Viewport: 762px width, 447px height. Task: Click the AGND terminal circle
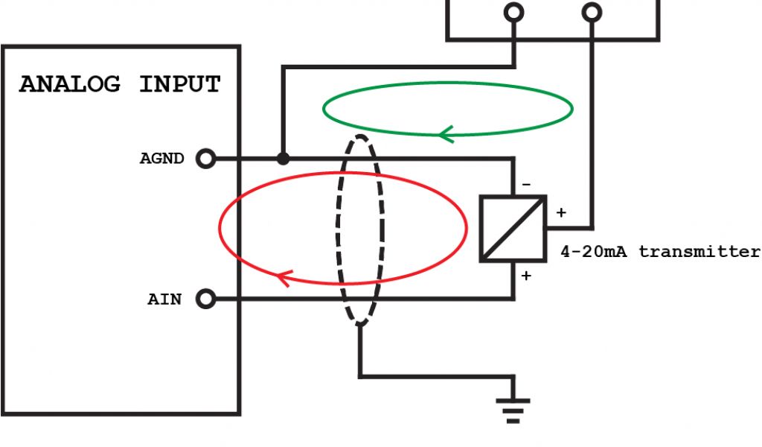point(205,159)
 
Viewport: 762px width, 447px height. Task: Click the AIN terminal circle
point(205,299)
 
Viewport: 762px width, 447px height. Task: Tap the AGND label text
point(161,159)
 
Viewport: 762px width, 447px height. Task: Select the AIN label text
point(164,300)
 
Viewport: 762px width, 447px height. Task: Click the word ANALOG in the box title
point(70,84)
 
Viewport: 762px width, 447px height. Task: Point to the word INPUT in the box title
point(180,84)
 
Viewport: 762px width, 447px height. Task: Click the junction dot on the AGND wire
point(283,159)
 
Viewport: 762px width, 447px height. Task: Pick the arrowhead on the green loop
point(445,135)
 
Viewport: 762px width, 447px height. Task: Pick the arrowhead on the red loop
point(283,279)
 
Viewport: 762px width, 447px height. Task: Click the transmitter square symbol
point(513,229)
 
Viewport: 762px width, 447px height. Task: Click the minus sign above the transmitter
point(526,184)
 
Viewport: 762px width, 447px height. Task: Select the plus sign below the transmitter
point(526,276)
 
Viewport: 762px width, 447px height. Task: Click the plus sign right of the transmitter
point(560,213)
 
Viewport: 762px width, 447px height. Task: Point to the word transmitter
point(699,252)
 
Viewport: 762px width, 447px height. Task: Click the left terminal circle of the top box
point(513,12)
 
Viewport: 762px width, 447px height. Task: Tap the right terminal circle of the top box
point(592,12)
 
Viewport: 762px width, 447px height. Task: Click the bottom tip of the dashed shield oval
point(360,323)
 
